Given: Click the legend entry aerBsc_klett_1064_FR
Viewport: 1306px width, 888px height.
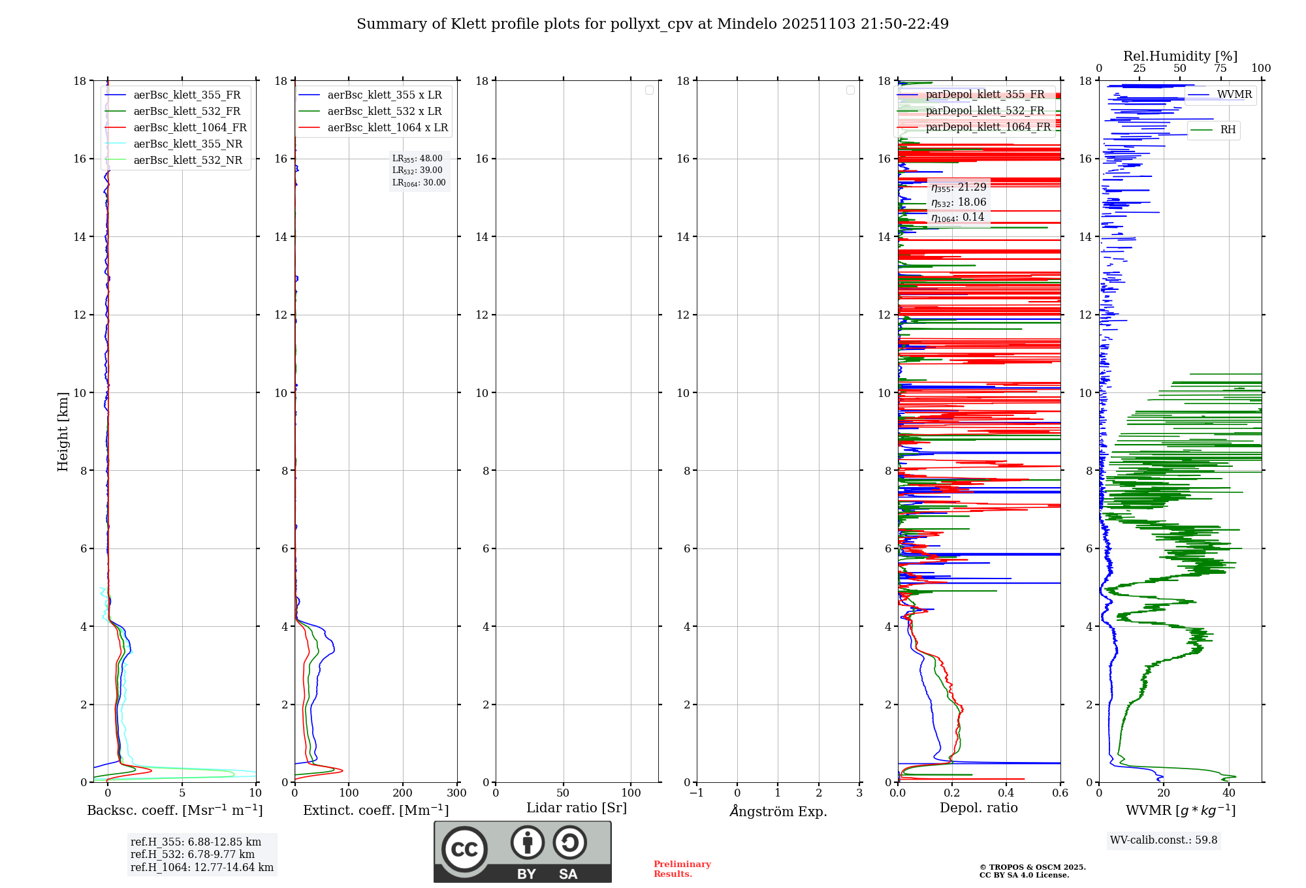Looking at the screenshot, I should tap(189, 128).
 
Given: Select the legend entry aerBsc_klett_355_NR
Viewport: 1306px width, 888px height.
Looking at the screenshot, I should tap(187, 144).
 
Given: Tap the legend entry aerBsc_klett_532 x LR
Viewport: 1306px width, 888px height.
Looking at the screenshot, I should tap(384, 112).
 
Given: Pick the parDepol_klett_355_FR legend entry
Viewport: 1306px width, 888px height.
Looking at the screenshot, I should tap(984, 95).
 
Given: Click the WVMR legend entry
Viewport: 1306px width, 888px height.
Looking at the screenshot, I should tap(1234, 95).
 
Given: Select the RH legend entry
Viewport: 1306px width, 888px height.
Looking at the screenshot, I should tap(1227, 130).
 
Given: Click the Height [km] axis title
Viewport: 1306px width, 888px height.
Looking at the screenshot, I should tap(63, 432).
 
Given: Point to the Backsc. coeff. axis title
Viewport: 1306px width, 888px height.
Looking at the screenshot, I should tap(174, 810).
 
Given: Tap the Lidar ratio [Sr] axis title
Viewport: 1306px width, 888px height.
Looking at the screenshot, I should tap(576, 808).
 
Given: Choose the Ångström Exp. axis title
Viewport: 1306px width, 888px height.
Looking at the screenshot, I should tap(778, 811).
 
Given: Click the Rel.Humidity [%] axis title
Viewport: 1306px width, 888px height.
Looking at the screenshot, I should tap(1180, 56).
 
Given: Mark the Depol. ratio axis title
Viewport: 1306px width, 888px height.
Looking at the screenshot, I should tap(978, 808).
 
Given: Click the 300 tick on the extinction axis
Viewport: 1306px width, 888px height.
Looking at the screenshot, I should tap(456, 793).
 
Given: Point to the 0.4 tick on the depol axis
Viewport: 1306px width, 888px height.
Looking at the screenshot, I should tap(1006, 793).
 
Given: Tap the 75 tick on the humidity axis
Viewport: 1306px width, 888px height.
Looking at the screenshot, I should tap(1220, 69).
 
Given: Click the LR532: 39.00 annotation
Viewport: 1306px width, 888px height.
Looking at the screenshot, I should tap(417, 170).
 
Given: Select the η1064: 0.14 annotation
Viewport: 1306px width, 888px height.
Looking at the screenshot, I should tap(957, 217).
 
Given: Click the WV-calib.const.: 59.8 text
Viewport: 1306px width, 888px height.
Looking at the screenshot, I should tap(1164, 840).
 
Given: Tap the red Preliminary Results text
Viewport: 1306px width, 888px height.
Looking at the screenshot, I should tap(682, 869).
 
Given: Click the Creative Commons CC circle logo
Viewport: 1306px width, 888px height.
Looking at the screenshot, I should tap(464, 849).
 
